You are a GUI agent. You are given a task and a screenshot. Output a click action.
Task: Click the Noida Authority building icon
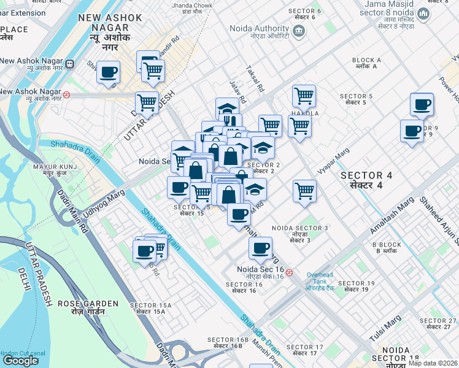(299, 31)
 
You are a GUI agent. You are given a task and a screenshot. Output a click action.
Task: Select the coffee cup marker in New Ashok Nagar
(109, 72)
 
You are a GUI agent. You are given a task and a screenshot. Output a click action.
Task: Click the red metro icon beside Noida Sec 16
(289, 272)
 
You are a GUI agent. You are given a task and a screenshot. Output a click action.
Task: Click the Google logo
(20, 361)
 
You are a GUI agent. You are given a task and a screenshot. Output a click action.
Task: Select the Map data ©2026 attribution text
(437, 362)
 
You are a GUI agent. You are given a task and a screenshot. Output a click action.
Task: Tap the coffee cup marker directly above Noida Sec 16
(260, 248)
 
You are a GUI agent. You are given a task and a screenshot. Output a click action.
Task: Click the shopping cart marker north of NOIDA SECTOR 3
(304, 191)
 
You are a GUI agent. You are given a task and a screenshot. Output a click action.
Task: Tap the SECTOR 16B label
(228, 343)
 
